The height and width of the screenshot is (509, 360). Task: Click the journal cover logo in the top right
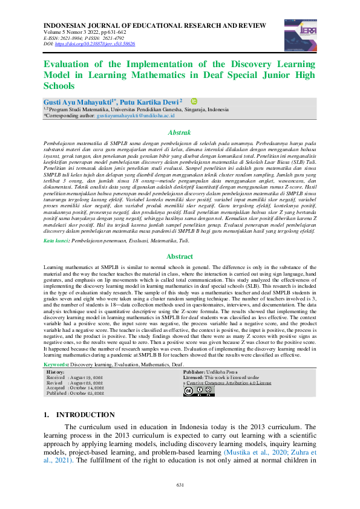point(296,31)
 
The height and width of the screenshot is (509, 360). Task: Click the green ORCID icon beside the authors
point(194,102)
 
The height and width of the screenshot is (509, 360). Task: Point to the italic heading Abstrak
point(179,132)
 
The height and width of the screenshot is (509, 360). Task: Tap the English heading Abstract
point(179,273)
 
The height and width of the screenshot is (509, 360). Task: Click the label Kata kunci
point(57,258)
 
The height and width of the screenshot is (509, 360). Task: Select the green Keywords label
point(58,365)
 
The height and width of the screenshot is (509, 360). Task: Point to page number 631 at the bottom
point(180,485)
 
